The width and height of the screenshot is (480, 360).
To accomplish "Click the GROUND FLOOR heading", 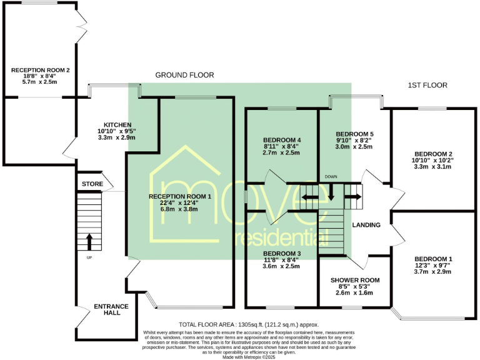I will (x=184, y=75).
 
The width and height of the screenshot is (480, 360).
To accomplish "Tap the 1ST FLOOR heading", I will (x=427, y=85).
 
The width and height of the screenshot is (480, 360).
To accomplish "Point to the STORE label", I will (x=92, y=184).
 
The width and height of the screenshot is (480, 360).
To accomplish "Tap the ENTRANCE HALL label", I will (x=111, y=309).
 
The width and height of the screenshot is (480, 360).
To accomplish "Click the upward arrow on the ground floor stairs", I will (x=88, y=241).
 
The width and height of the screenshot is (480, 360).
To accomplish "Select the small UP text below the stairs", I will (x=89, y=257).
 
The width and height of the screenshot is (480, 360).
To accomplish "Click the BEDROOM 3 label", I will (x=282, y=253).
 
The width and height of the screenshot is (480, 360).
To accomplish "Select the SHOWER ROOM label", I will (x=354, y=280).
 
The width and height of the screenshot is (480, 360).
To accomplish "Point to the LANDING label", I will (x=366, y=225).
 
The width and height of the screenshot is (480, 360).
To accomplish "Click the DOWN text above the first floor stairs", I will (x=331, y=177).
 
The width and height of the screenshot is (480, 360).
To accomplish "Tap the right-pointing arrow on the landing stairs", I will (x=352, y=198).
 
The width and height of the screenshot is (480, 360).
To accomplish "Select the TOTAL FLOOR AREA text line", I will (x=249, y=325).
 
